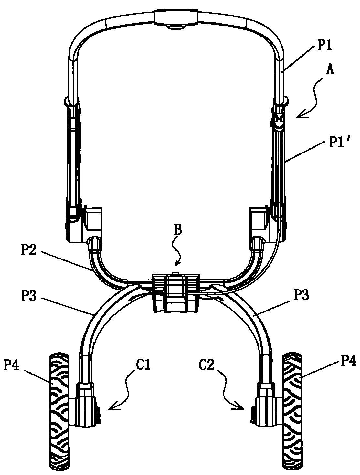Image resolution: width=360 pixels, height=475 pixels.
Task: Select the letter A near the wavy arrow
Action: coord(330,70)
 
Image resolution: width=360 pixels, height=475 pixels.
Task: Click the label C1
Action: coord(143,366)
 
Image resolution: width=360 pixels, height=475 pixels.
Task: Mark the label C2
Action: coord(206,366)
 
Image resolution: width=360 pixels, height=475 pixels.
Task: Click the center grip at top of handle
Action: coord(176,17)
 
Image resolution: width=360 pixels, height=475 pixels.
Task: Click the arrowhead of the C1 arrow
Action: coord(112,407)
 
